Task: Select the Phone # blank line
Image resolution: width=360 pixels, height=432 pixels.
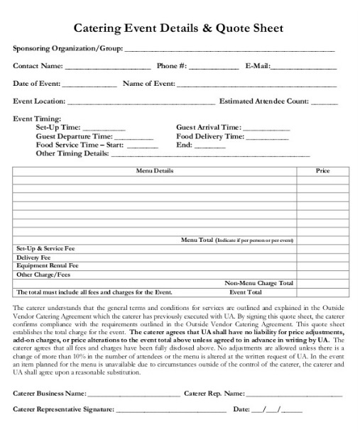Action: tap(214, 68)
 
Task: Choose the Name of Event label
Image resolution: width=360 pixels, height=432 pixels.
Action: tap(149, 84)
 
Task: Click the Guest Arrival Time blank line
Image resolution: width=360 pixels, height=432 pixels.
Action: tap(266, 129)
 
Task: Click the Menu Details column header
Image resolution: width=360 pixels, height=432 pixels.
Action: tap(154, 171)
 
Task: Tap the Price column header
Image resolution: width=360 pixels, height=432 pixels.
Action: tap(322, 171)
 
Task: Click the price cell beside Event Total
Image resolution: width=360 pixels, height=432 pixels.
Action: tap(322, 292)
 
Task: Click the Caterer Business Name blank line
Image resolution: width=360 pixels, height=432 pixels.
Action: tap(134, 394)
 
